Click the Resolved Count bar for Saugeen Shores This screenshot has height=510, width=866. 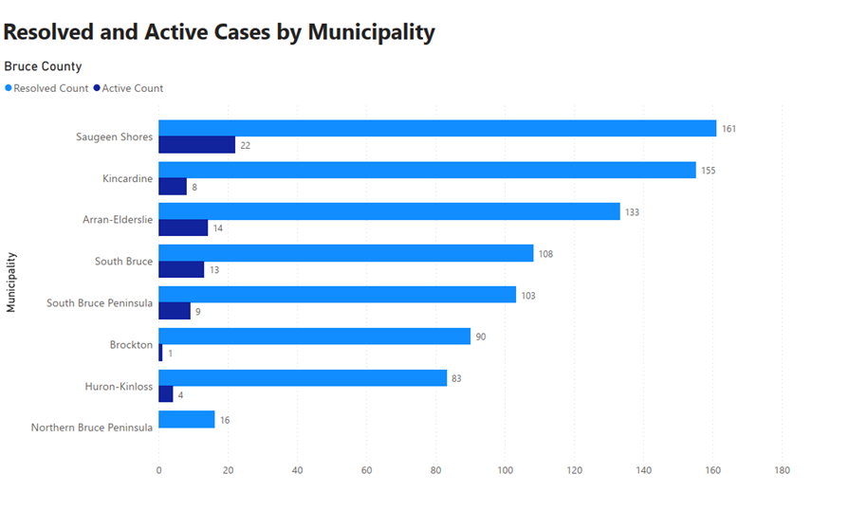[x=437, y=128]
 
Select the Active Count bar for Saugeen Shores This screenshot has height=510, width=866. [x=196, y=145]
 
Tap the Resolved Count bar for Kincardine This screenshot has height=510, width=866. [x=427, y=170]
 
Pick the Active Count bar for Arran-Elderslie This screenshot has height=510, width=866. [x=183, y=228]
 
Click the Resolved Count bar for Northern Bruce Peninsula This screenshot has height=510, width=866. [x=187, y=419]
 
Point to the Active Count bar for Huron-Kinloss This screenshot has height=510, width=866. [x=166, y=394]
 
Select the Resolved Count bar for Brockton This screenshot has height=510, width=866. [x=314, y=337]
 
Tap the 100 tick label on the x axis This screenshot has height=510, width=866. [x=505, y=470]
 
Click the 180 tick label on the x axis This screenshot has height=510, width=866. [x=782, y=470]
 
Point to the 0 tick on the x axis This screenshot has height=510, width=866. [x=158, y=470]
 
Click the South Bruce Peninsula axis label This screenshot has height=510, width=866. [x=100, y=303]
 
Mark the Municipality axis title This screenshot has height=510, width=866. [x=11, y=282]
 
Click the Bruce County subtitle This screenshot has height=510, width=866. [x=43, y=66]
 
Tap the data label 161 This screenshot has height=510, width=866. [x=728, y=128]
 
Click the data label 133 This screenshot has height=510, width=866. [x=632, y=211]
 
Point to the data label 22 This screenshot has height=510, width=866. [x=245, y=145]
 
